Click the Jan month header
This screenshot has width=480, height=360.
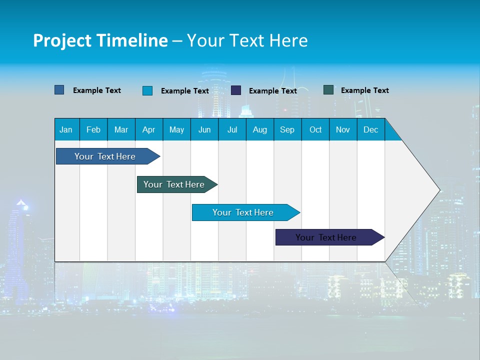point(66,129)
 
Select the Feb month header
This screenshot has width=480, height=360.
point(93,129)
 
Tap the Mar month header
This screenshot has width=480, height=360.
point(121,129)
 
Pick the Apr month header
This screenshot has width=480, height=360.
point(149,129)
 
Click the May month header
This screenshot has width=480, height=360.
point(176,129)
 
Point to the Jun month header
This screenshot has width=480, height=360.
point(204,129)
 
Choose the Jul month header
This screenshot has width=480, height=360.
point(232,129)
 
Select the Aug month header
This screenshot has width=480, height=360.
point(260,129)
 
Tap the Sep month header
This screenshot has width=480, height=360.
point(287,129)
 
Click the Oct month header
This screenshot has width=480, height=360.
point(315,129)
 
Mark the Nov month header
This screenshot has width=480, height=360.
point(343,129)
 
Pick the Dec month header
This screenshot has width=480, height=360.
point(371,129)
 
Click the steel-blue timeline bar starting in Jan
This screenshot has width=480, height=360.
point(105,156)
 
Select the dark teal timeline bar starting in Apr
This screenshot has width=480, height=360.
point(174,184)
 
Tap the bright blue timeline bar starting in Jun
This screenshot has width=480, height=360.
point(243,212)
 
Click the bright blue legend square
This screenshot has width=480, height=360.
point(147,90)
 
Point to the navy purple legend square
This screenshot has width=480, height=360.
point(236,90)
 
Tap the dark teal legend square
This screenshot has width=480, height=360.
point(328,90)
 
